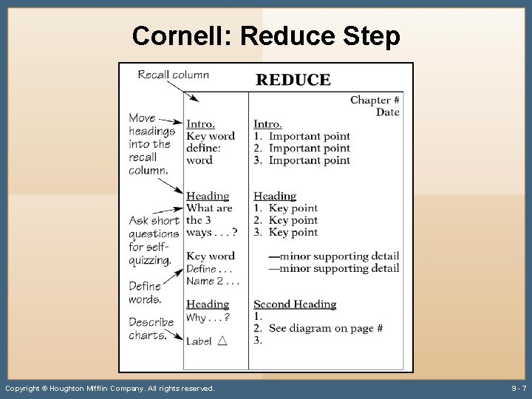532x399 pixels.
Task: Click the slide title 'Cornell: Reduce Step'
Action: [x=266, y=35]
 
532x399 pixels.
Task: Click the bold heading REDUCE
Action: [x=293, y=81]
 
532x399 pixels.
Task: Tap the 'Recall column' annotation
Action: [x=173, y=75]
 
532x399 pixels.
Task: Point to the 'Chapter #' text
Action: [x=375, y=100]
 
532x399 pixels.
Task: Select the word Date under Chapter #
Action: [x=387, y=112]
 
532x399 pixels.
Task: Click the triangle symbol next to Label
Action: [x=222, y=341]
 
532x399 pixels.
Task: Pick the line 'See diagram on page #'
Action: [x=325, y=328]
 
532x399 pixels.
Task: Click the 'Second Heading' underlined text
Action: [x=294, y=304]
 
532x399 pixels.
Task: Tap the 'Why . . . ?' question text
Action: [x=208, y=318]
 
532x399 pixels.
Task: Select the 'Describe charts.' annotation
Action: [x=151, y=329]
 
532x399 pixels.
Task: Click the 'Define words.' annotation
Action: [x=145, y=293]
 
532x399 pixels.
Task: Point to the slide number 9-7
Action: [x=519, y=388]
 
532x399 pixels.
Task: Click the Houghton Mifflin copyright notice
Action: [x=110, y=388]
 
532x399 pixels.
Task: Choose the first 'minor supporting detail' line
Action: [x=334, y=256]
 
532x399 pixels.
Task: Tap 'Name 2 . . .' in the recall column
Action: [x=213, y=281]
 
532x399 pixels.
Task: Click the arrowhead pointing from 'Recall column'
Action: [x=194, y=98]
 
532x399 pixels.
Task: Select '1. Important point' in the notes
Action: [x=301, y=136]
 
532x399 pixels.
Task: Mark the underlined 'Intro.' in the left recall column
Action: [x=200, y=124]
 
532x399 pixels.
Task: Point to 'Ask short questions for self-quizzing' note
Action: [x=154, y=240]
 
